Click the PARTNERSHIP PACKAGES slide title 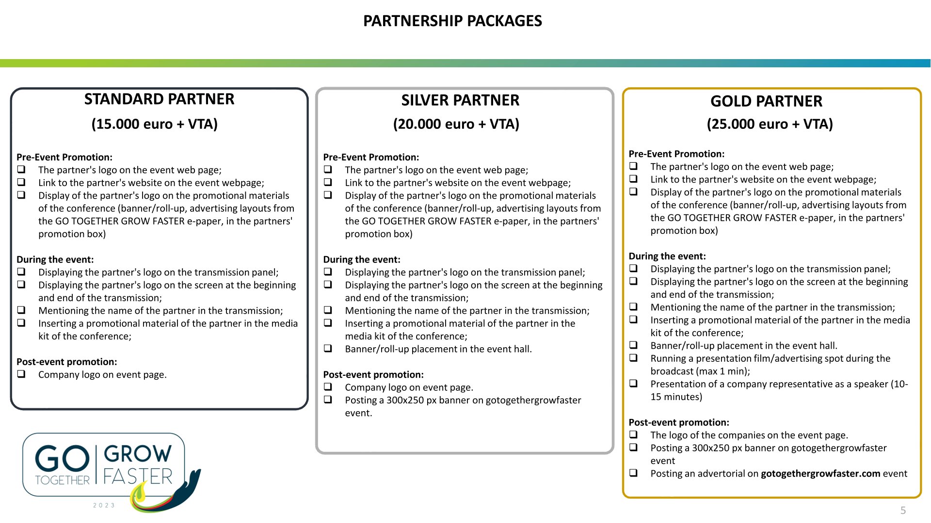coord(452,21)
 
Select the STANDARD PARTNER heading coord(159,99)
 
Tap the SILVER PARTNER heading coord(460,100)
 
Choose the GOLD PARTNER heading coord(766,101)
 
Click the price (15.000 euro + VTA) coord(155,124)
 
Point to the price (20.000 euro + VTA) coord(456,124)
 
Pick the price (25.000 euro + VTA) coord(770,124)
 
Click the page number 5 coord(903,510)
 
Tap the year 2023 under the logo coord(104,505)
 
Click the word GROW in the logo coord(138,454)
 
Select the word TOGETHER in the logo coord(63,480)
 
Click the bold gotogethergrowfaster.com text coord(820,474)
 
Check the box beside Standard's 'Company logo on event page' coord(21,374)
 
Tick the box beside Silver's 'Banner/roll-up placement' coord(328,348)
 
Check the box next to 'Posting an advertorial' coord(634,473)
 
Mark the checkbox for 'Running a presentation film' coord(634,357)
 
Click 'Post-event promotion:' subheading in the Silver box coord(373,375)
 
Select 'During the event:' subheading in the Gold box coord(667,256)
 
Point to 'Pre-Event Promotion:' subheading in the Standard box coord(64,157)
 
